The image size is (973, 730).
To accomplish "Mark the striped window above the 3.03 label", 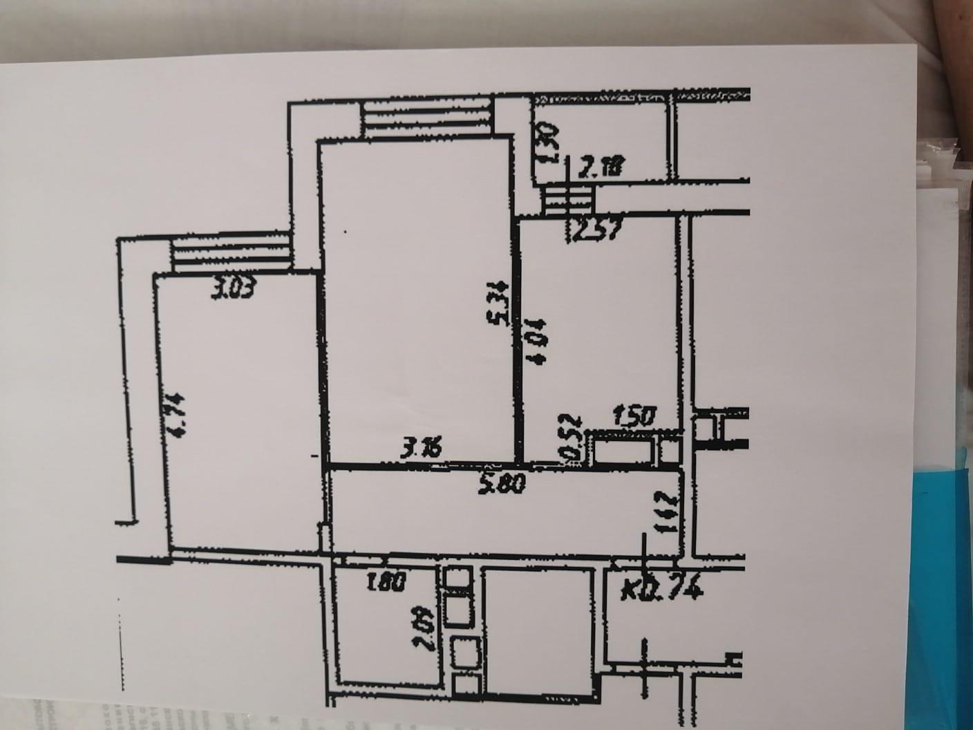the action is pyautogui.click(x=229, y=253).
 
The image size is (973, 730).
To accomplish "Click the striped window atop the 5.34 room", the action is pyautogui.click(x=426, y=118).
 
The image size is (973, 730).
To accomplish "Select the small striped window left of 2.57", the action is pyautogui.click(x=567, y=200).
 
